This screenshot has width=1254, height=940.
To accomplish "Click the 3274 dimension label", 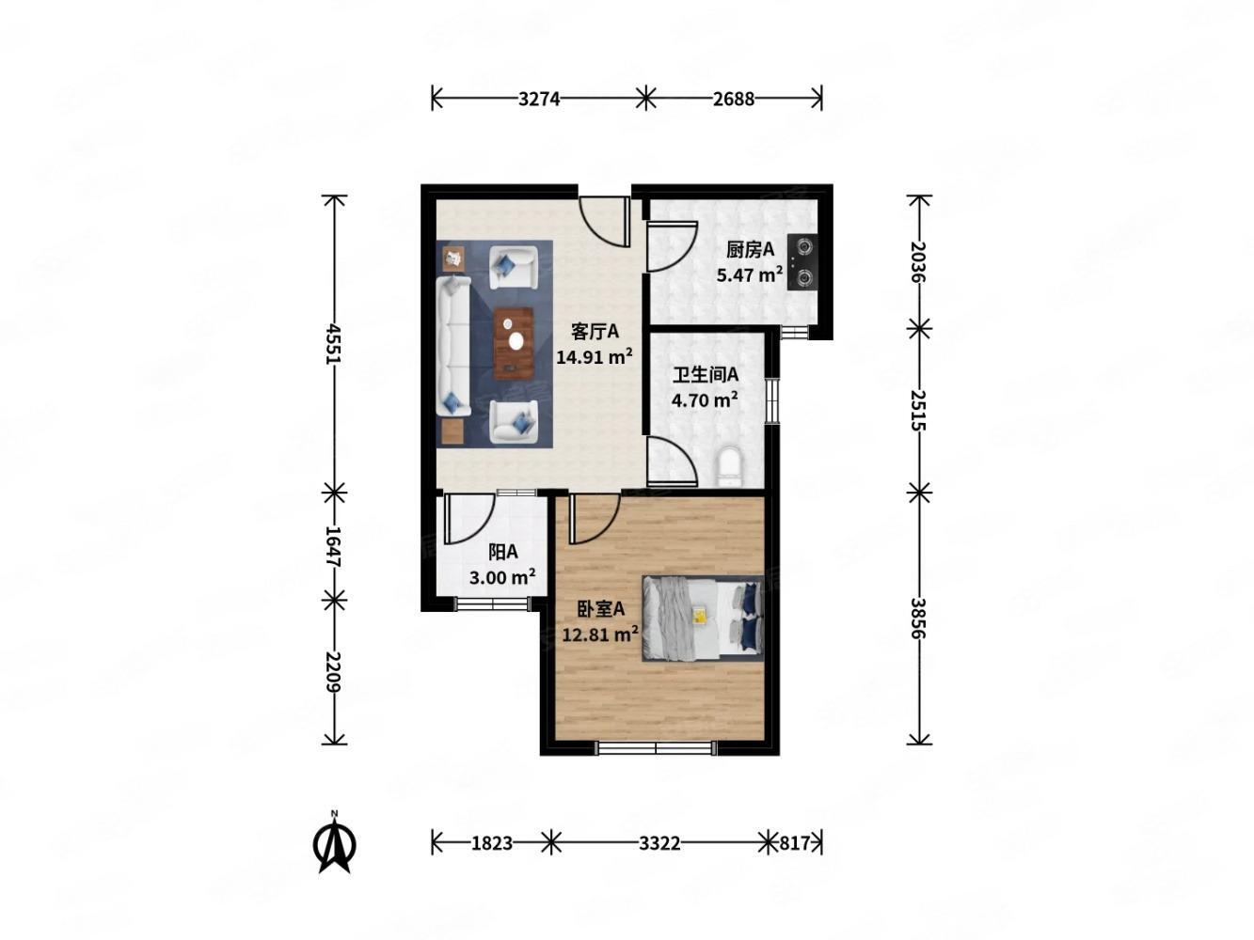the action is (x=539, y=99).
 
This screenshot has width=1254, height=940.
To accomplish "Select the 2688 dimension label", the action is (x=733, y=99).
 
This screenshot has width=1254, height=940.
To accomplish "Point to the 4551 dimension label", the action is (x=334, y=344).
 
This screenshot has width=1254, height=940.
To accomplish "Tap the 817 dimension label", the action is (x=794, y=843).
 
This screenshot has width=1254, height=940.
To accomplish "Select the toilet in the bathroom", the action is (x=729, y=466).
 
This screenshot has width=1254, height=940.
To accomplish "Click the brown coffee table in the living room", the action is (x=513, y=343).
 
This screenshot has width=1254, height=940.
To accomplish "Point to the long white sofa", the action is (x=452, y=346).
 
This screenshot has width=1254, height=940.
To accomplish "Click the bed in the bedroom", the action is (x=703, y=619).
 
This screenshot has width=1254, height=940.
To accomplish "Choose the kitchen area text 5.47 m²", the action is (x=749, y=275).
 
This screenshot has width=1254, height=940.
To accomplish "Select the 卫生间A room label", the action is (x=705, y=375).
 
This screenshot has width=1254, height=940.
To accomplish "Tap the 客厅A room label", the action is (x=595, y=332).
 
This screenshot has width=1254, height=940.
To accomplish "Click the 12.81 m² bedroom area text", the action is (x=600, y=634).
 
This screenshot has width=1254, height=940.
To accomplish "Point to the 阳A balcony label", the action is (x=502, y=552).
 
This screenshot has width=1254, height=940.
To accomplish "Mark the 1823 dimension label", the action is (x=492, y=843).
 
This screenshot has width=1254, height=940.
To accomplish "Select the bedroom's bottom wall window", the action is (x=655, y=747).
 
